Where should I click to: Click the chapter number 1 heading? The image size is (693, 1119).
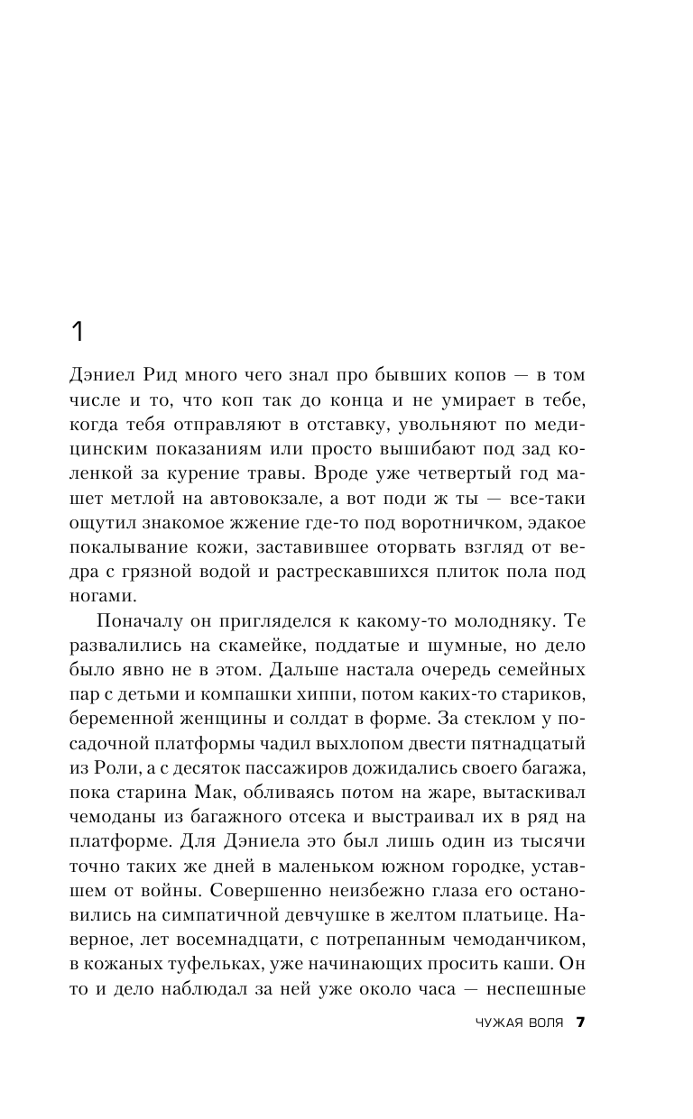(x=77, y=332)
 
